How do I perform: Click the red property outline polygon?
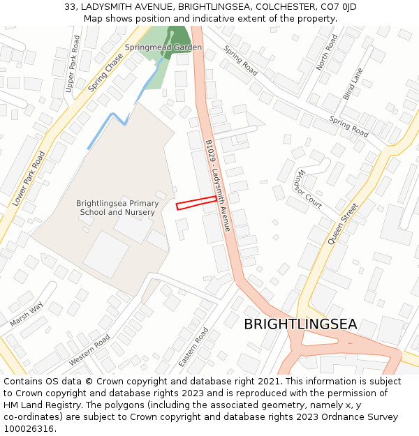(x=196, y=202)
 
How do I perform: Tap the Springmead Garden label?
(x=163, y=47)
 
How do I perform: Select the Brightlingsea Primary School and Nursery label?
(x=117, y=208)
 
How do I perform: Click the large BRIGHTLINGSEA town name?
(x=300, y=324)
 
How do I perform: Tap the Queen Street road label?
(x=343, y=223)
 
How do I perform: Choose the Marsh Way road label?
(x=27, y=314)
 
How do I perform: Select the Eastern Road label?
(x=194, y=346)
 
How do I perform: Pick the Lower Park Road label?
(x=29, y=179)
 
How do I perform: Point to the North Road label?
(x=326, y=52)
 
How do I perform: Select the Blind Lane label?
(x=353, y=84)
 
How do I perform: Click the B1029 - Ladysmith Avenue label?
(x=218, y=185)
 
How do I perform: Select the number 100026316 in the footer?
(x=28, y=428)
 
